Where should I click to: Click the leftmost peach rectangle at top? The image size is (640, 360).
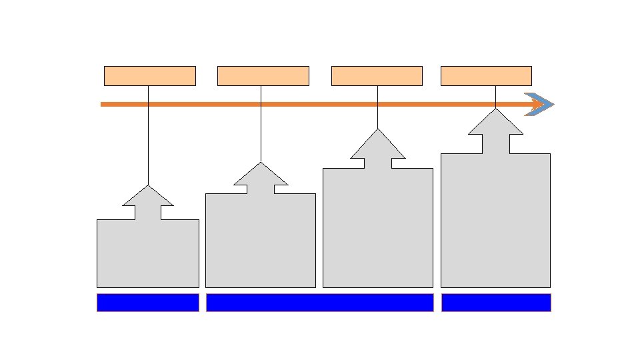149,75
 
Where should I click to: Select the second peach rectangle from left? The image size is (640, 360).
263,75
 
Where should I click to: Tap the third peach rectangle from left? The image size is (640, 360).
377,75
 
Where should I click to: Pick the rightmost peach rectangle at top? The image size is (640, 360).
486,75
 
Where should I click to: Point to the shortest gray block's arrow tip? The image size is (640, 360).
148,189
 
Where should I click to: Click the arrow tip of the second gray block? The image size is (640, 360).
261,165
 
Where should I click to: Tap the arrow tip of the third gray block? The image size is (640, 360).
378,132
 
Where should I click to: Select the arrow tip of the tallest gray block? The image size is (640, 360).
495,112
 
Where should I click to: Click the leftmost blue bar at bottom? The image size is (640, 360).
147,302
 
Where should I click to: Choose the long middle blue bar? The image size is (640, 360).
319,302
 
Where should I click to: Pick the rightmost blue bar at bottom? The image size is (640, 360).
496,302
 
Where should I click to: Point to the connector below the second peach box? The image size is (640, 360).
261,133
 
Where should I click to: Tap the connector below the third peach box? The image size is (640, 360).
378,117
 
